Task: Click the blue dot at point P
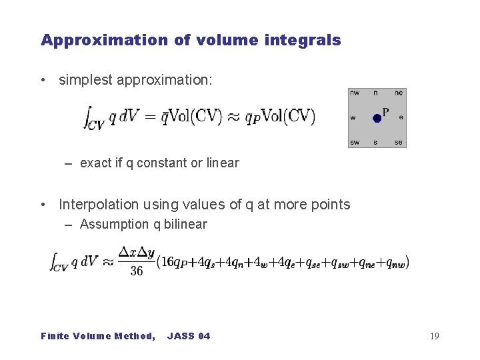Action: pos(377,118)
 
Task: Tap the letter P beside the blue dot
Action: pos(386,111)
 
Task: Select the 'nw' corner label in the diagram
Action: pos(354,93)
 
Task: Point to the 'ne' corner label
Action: pos(399,93)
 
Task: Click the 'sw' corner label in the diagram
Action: pos(354,142)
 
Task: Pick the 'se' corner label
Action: pos(399,142)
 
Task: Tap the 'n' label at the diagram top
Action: pos(375,93)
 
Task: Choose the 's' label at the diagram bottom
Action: pos(375,142)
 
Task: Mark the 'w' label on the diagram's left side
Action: pos(353,118)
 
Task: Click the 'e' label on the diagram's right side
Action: pos(401,118)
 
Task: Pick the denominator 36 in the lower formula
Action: pos(137,271)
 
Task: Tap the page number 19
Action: pos(435,336)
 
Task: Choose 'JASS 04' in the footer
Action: pos(189,336)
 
